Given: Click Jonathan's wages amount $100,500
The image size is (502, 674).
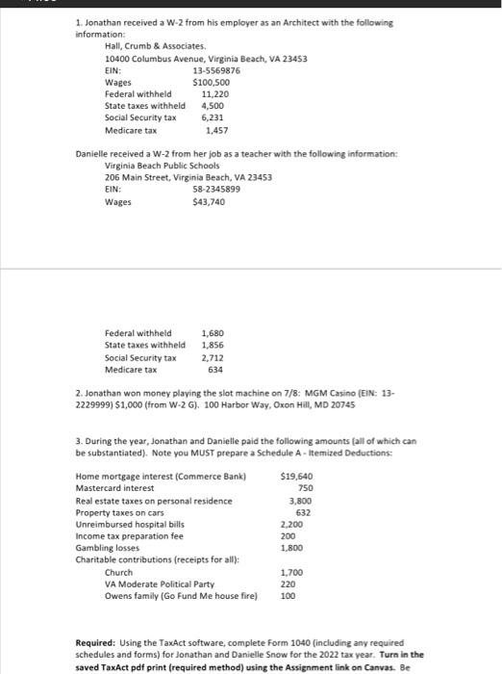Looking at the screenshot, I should click(x=211, y=83).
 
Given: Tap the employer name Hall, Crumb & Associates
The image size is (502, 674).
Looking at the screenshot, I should click(x=155, y=46).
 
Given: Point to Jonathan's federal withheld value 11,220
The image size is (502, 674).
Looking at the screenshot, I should click(x=216, y=94).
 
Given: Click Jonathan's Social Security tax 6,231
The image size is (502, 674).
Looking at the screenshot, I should click(x=213, y=117).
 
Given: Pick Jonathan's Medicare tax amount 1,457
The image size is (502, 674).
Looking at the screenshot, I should click(x=216, y=130).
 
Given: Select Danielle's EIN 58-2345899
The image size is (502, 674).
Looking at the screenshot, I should click(x=216, y=190).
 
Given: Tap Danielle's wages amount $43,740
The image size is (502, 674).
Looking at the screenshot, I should click(x=209, y=202).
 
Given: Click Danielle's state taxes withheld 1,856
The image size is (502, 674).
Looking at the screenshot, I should click(x=213, y=346).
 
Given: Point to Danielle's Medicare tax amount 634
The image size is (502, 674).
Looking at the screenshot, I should click(x=215, y=369).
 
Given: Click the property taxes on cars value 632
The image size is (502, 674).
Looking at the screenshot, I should click(x=304, y=512).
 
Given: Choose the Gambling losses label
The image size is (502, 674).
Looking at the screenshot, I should click(x=105, y=547).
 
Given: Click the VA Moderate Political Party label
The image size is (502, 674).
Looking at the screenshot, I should click(x=159, y=583).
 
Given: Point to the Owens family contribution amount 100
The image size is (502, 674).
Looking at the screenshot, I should click(x=288, y=595).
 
